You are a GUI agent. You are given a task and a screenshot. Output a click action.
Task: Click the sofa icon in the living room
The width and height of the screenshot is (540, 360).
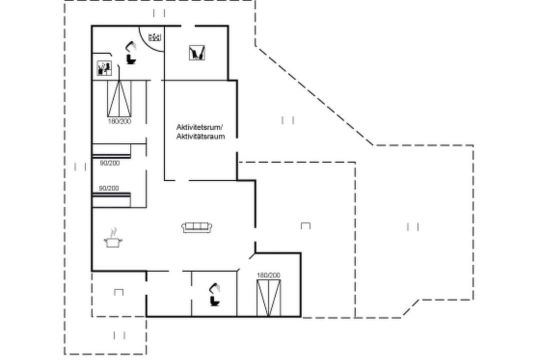(196, 227)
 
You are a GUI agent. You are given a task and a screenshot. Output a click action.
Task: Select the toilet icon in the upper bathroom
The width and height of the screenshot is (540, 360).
(131, 59)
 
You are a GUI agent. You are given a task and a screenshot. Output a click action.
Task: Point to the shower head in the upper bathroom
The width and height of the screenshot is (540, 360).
(131, 46)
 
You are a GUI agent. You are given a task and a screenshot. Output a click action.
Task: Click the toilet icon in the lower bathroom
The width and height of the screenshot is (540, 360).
(215, 300)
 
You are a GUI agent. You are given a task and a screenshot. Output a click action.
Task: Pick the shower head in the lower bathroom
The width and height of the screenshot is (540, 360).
(215, 288)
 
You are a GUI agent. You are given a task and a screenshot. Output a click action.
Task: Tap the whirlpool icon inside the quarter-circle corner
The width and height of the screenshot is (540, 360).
(154, 37)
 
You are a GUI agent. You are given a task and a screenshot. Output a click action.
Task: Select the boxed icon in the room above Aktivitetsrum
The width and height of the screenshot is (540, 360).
(197, 53)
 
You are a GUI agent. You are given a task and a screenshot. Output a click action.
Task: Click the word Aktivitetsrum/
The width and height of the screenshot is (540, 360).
(199, 127)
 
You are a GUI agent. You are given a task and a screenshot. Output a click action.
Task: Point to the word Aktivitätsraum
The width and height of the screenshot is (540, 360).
(200, 136)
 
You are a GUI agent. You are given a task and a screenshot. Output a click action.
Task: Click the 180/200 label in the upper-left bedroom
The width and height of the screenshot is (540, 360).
(119, 121)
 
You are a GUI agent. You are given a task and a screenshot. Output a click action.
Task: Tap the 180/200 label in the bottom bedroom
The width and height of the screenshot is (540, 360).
(268, 275)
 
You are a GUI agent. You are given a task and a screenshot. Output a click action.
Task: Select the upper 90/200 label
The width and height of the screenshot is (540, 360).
(110, 163)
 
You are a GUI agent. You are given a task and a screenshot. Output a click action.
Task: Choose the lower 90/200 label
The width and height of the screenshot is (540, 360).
(109, 188)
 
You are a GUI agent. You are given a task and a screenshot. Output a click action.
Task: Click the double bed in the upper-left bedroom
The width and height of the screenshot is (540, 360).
(119, 99)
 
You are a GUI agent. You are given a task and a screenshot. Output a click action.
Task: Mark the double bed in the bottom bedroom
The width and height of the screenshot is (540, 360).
(268, 298)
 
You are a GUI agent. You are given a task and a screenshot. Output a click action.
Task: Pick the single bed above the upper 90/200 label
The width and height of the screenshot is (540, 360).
(111, 151)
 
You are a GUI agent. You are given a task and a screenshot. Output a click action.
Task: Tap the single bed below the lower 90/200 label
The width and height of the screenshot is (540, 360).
(111, 200)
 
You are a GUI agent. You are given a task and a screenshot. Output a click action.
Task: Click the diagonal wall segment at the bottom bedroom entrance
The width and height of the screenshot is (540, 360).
(252, 256)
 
